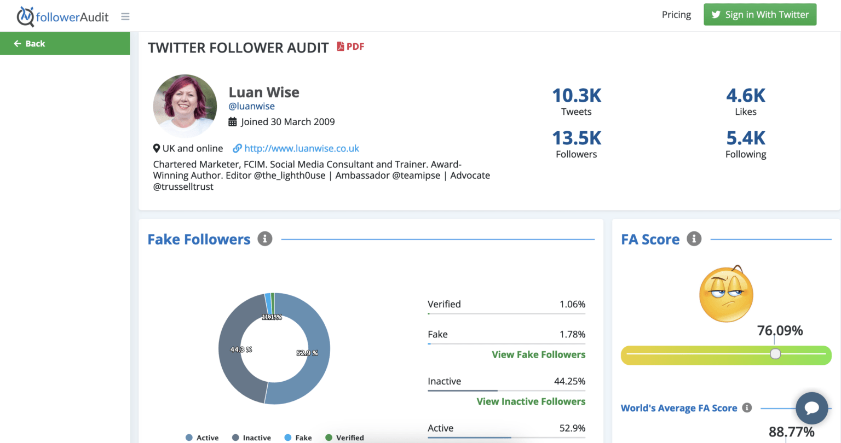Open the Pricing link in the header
pos(676,15)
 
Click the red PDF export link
pos(350,46)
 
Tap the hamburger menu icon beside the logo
pos(125,16)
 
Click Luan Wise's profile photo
pos(185,106)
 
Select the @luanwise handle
pos(251,106)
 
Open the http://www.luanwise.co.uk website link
pos(301,148)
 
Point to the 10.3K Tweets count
pos(576,96)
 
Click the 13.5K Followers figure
pos(576,138)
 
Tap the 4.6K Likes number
pos(746,96)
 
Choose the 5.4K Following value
pos(746,138)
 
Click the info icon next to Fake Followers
pos(265,239)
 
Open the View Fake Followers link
pos(538,354)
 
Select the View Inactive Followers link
pos(531,401)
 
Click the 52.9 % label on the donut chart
pos(307,353)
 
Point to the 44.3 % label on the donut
pos(241,349)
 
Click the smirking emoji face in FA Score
pos(726,294)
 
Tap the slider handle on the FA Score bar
pos(775,354)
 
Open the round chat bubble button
pos(811,408)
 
